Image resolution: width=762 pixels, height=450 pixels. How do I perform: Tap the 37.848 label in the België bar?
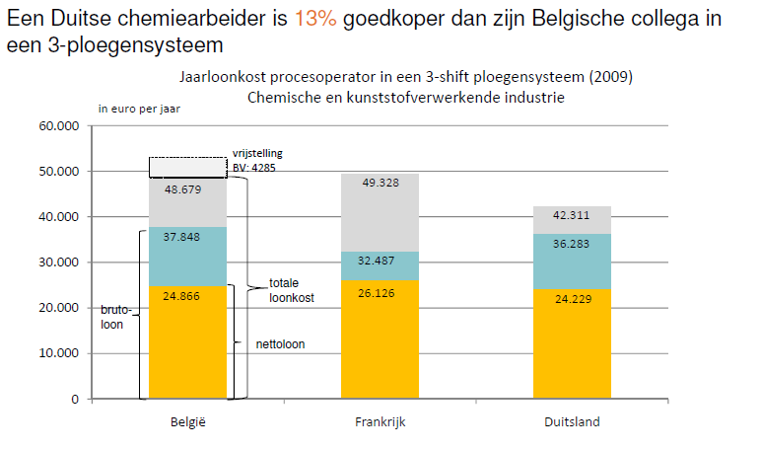pyautogui.click(x=187, y=236)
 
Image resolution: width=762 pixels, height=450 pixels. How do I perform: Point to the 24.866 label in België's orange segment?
pyautogui.click(x=187, y=294)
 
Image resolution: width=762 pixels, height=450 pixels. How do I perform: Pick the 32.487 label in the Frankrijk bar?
pyautogui.click(x=380, y=261)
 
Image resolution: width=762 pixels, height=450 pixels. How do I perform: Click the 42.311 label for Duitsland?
pyautogui.click(x=572, y=215)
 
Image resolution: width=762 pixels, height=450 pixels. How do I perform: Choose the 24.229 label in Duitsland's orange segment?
pyautogui.click(x=572, y=299)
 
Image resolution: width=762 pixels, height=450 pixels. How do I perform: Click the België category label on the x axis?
pyautogui.click(x=187, y=422)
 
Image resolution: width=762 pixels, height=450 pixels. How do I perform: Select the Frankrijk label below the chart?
pyautogui.click(x=380, y=422)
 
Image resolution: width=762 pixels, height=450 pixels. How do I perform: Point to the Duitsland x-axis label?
pyautogui.click(x=572, y=422)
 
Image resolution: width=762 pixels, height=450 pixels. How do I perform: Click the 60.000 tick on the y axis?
pyautogui.click(x=58, y=126)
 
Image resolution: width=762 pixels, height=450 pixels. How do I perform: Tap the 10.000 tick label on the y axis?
pyautogui.click(x=58, y=353)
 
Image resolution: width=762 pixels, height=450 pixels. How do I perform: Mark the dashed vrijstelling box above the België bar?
pyautogui.click(x=187, y=167)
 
